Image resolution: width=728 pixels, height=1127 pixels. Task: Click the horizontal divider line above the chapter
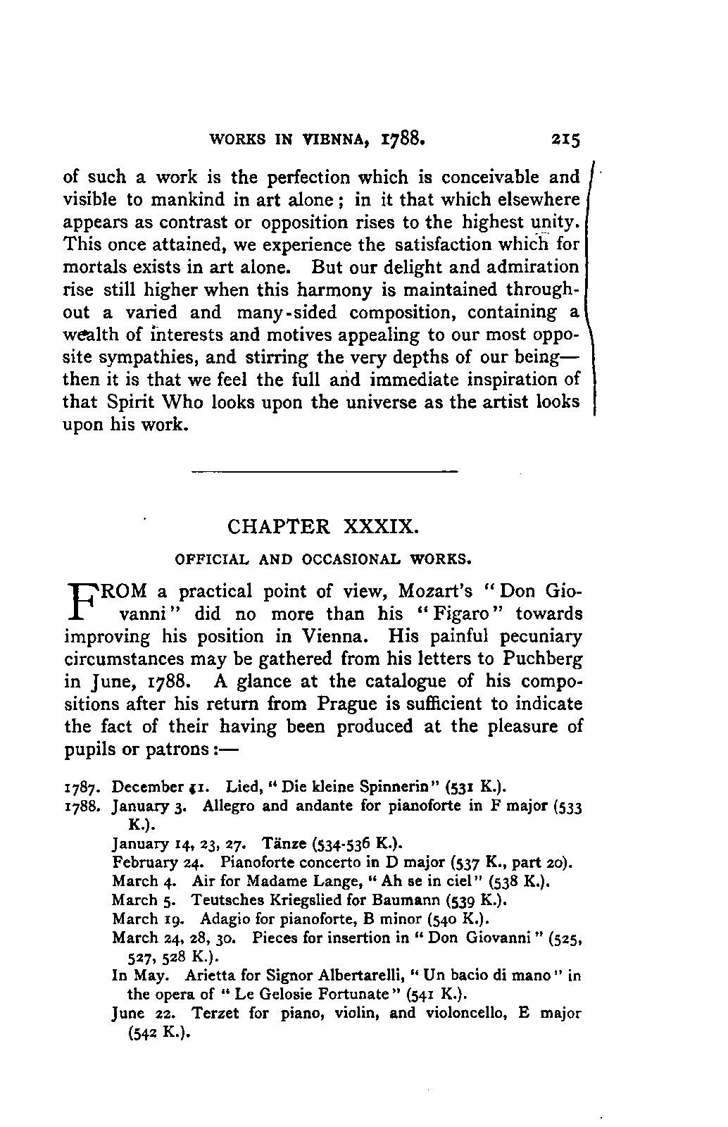pos(324,470)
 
